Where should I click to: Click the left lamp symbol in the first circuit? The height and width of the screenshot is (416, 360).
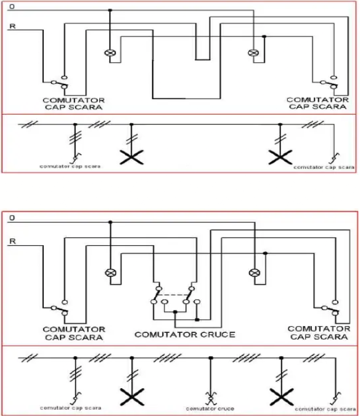(x=110, y=53)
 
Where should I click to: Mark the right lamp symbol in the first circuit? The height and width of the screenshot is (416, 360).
(x=253, y=53)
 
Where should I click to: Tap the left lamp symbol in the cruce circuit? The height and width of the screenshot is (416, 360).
(x=111, y=272)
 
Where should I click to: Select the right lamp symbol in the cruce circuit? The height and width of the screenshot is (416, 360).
(x=253, y=272)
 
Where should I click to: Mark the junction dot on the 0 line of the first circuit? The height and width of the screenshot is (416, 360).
(x=110, y=10)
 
